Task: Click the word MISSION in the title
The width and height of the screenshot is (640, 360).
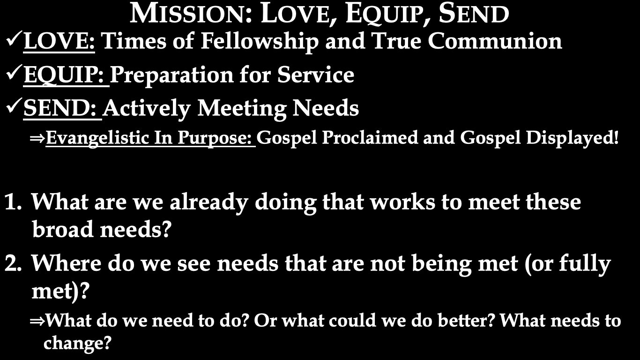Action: [x=191, y=13]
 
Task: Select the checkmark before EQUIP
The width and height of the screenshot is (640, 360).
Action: [x=14, y=73]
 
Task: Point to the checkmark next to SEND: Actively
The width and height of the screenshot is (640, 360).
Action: [x=14, y=106]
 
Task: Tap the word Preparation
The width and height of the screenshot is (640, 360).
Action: [x=171, y=75]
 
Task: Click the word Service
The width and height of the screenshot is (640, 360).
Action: [x=315, y=75]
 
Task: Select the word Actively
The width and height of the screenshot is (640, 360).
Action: [x=146, y=109]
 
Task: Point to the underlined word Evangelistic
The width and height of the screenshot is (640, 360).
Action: [x=97, y=138]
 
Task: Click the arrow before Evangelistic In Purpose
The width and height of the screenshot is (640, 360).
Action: [x=37, y=139]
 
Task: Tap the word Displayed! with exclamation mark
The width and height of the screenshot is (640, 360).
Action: [x=572, y=138]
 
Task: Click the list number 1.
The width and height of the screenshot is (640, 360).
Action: [x=13, y=202]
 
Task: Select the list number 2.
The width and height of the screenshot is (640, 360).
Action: [x=13, y=263]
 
